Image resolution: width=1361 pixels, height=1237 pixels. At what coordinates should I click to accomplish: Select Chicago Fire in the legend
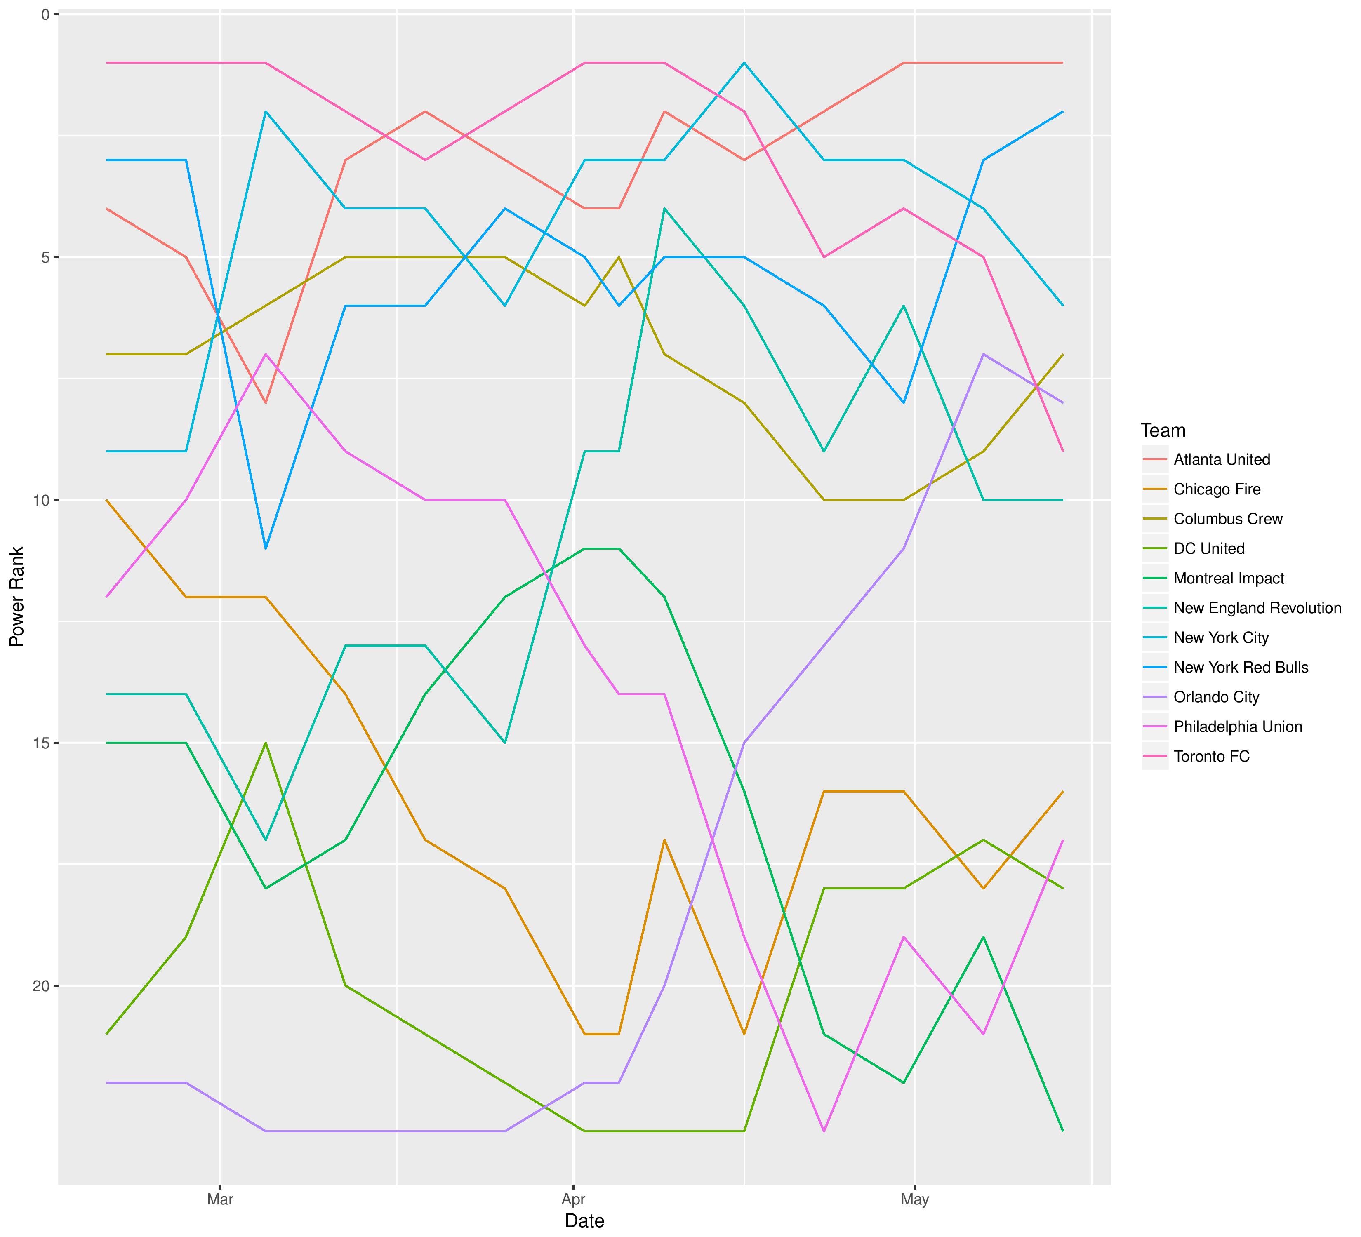(1217, 489)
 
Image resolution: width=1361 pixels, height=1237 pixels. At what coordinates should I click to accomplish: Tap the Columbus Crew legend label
(1227, 519)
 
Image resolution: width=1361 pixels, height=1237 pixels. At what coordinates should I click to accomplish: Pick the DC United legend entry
(1208, 549)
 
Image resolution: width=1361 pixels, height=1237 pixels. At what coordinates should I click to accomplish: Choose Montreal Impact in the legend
(1229, 579)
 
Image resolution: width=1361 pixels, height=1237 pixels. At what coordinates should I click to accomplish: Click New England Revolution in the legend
(1257, 608)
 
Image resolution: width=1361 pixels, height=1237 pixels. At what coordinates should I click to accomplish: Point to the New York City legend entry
(1221, 638)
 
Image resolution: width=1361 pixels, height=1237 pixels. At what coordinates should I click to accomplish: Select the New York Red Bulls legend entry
(1241, 668)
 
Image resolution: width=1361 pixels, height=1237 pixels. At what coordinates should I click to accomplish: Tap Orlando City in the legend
(1216, 697)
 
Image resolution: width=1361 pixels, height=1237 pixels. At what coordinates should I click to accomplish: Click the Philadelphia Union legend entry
(1237, 727)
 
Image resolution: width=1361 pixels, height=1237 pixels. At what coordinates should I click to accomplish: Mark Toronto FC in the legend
(1211, 757)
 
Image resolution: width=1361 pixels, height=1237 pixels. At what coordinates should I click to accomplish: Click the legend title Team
(1163, 430)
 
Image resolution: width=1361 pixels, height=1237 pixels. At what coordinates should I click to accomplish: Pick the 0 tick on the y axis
(46, 14)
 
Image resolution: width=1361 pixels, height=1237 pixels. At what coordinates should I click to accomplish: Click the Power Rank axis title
(17, 597)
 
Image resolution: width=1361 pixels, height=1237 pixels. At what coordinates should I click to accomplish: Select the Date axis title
(585, 1221)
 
